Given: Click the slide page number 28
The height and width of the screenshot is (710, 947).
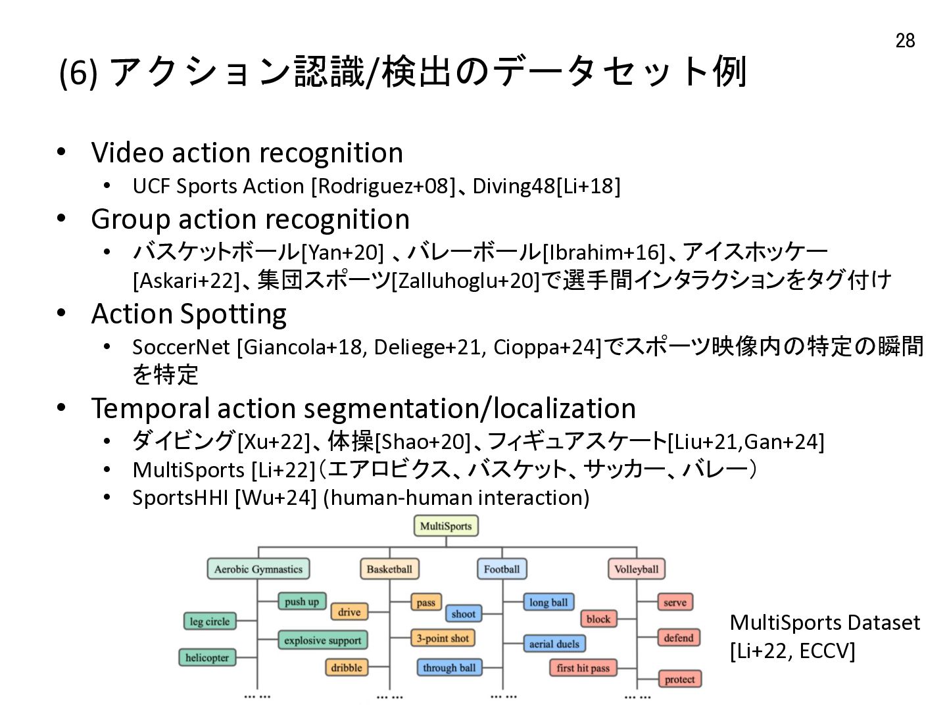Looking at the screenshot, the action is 905,41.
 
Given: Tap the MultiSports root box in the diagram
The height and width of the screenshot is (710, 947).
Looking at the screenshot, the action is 446,526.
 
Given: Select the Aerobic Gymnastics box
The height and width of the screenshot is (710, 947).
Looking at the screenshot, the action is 258,569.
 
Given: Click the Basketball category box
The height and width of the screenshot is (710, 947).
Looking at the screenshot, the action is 389,569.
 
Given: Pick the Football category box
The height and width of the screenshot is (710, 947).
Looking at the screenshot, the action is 502,569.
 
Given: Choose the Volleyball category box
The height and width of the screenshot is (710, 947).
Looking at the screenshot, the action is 637,569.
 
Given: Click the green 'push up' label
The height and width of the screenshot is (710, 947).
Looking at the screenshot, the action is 302,602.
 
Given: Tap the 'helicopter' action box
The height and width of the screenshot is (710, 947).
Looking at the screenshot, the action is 207,657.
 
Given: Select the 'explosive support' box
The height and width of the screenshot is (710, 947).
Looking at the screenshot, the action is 323,640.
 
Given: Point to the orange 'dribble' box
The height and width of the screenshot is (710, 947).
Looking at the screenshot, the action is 347,667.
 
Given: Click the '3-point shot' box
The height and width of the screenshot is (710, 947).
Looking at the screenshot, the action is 443,638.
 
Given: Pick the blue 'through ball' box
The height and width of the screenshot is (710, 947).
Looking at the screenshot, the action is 449,667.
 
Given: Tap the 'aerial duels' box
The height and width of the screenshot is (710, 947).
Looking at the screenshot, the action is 554,644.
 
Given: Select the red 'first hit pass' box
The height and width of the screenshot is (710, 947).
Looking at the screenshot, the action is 583,668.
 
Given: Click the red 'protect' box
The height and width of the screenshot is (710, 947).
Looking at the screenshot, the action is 679,679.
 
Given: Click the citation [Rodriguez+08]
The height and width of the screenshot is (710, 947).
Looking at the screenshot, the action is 383,187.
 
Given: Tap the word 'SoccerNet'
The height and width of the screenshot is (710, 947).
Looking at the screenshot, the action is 182,347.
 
